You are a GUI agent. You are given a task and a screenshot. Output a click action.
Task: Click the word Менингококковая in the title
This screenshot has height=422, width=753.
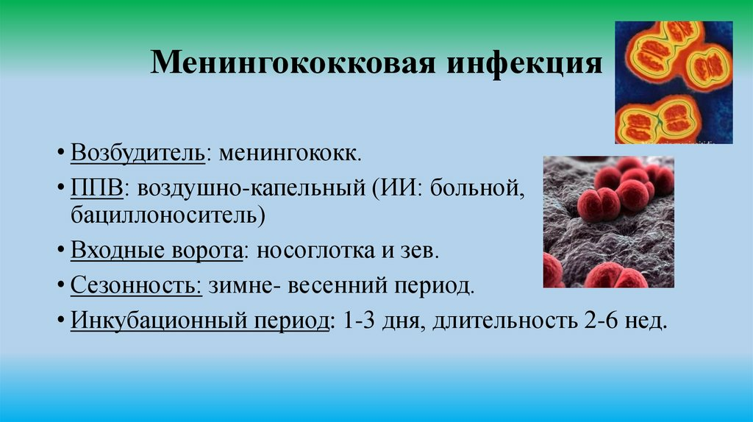click(293, 63)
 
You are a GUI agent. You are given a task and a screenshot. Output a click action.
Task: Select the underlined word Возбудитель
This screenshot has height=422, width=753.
click(138, 153)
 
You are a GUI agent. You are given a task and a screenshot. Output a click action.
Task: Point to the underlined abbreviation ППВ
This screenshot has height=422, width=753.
click(96, 187)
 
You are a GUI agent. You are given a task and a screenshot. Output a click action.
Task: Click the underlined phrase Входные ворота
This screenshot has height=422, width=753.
click(157, 251)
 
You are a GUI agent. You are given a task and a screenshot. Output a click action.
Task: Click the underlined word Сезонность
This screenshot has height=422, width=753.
click(135, 285)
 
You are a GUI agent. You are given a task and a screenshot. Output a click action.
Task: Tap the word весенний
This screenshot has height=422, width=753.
click(338, 286)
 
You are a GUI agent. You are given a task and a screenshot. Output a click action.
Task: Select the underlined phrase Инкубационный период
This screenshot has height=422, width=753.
click(200, 321)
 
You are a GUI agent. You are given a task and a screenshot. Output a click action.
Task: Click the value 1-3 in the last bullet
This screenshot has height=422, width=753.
click(359, 321)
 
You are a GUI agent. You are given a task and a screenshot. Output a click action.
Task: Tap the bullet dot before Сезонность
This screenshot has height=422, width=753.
click(60, 285)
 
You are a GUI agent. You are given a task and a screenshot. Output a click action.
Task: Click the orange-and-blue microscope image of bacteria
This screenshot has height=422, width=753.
click(674, 82)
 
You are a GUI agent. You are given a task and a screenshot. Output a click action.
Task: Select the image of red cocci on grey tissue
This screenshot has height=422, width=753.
click(608, 222)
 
